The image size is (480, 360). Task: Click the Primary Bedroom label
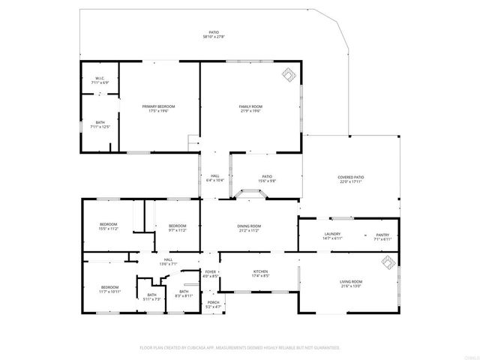coord(159,109)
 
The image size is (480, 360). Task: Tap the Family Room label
coord(250,109)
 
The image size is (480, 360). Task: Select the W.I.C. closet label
coord(100,80)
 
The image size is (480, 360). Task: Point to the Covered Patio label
coord(351,179)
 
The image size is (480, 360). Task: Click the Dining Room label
coord(249,228)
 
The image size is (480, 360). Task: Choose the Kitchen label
coord(260,274)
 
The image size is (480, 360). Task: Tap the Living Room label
coord(351,283)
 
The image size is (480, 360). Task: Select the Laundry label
coord(333,236)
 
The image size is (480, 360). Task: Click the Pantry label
coord(382,236)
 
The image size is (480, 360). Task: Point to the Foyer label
coord(211,274)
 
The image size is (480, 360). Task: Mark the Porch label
coord(214,304)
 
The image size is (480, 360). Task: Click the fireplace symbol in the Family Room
coord(288,73)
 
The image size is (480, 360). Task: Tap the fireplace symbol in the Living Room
coord(388,262)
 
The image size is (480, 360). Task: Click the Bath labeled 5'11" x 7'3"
coord(151,297)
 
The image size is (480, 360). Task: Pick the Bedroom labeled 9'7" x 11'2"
coord(177,228)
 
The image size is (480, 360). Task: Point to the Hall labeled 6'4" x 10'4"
coord(214,178)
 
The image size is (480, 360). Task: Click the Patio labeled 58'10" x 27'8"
coord(214,34)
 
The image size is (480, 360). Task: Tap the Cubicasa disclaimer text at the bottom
coord(240,347)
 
